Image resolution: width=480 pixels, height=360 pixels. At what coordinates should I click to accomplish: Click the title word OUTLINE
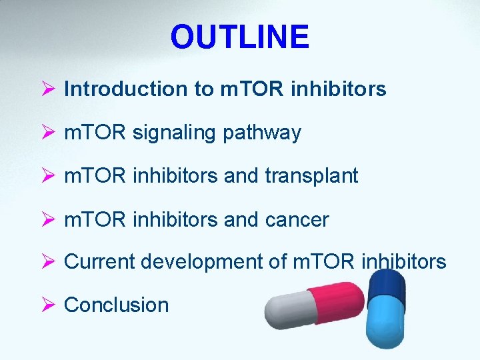pos(239,37)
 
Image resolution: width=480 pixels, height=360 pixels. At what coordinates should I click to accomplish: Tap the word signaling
pos(176,133)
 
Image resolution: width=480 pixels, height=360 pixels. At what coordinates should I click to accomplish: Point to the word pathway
pos(263,133)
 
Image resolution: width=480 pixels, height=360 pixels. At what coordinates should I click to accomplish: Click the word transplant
pos(311,176)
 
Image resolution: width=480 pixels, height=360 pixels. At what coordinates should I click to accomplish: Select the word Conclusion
pos(116,305)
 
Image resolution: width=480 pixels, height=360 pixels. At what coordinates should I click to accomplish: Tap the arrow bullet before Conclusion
pos(47,305)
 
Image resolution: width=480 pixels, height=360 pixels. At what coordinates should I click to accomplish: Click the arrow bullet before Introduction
pos(47,89)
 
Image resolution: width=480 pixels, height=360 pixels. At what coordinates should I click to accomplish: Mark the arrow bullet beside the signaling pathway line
pos(47,133)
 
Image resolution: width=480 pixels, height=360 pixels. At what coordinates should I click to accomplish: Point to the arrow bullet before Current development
pos(47,262)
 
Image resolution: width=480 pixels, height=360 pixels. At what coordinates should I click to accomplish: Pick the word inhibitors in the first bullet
pos(339,89)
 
